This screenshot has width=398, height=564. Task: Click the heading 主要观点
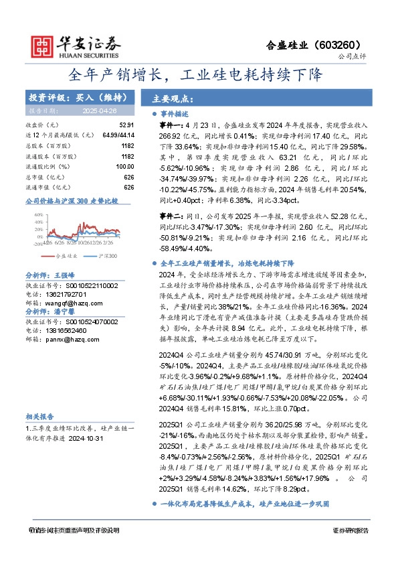(175, 97)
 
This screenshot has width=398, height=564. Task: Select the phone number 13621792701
(66, 293)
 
